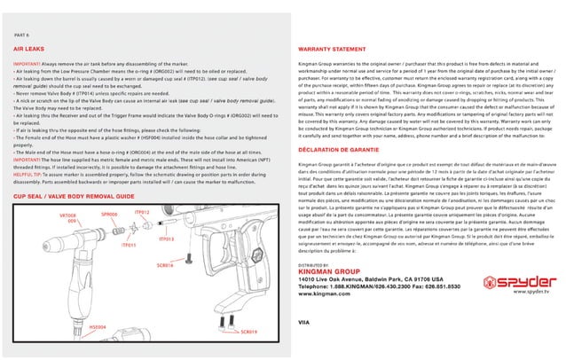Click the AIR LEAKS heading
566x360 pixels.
pyautogui.click(x=28, y=52)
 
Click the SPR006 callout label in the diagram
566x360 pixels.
pyautogui.click(x=109, y=214)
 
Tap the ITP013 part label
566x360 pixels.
pyautogui.click(x=166, y=239)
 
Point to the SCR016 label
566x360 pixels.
pyautogui.click(x=164, y=265)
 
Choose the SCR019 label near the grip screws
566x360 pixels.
pyautogui.click(x=248, y=332)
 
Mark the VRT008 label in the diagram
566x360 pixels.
pyautogui.click(x=67, y=216)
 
